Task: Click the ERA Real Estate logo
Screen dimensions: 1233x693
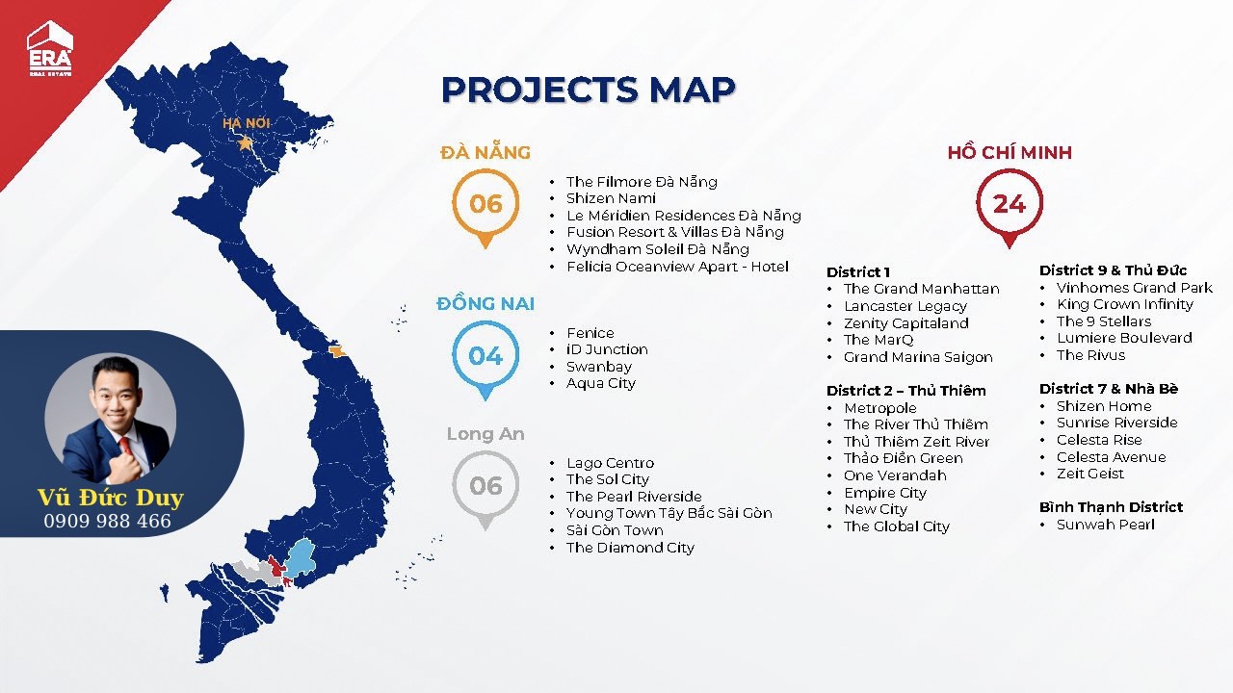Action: click(x=49, y=48)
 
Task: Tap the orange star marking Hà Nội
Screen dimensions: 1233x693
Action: click(x=245, y=143)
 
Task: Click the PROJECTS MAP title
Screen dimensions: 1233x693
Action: click(x=588, y=90)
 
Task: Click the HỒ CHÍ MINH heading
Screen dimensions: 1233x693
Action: click(x=1010, y=152)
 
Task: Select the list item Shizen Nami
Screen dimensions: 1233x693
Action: click(x=611, y=198)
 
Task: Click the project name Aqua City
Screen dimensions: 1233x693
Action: click(x=601, y=383)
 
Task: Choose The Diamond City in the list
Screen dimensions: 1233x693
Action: click(x=630, y=548)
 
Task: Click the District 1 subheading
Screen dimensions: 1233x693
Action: click(x=858, y=271)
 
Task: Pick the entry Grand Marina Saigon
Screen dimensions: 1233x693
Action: click(x=918, y=357)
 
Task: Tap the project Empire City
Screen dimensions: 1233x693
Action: click(x=885, y=493)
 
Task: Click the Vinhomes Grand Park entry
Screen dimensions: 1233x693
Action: click(x=1135, y=288)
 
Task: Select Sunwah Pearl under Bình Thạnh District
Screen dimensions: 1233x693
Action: click(x=1105, y=525)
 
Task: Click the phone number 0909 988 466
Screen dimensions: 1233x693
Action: click(x=107, y=521)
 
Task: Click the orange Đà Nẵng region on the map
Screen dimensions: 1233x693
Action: click(x=336, y=351)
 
